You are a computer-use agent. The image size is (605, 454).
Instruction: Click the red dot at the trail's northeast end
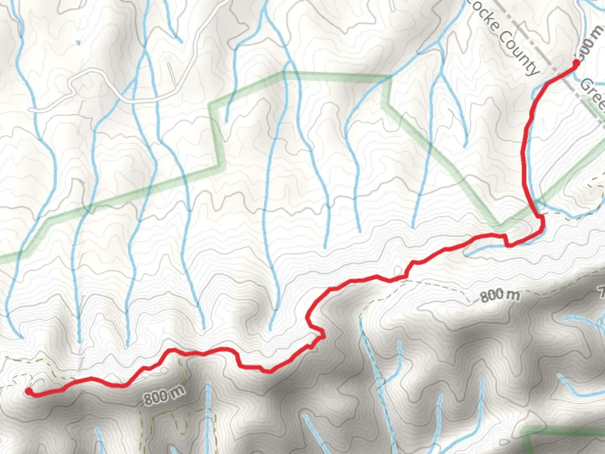tap(576, 63)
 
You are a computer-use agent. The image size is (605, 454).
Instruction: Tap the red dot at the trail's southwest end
tap(29, 391)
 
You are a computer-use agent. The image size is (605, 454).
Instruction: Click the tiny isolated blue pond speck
tap(78, 42)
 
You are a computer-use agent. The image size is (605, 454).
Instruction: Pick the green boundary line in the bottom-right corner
tap(563, 431)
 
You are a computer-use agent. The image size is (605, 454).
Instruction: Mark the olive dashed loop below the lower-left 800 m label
tap(168, 425)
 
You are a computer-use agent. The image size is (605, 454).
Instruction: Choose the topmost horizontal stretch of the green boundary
tap(336, 75)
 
